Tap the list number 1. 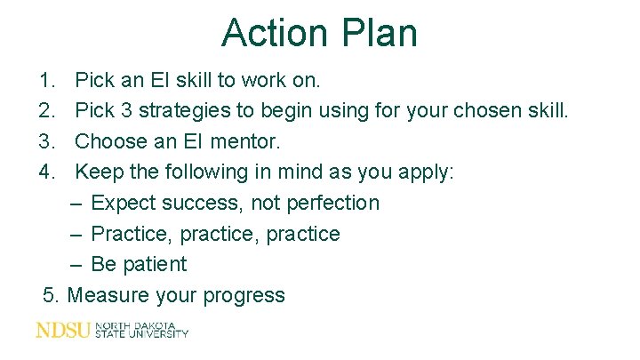tap(47, 81)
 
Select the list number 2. tap(47, 111)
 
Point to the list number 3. tap(47, 141)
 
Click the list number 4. tap(47, 172)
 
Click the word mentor tap(250, 141)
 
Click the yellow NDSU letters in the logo tap(62, 330)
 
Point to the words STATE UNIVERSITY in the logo tap(141, 334)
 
